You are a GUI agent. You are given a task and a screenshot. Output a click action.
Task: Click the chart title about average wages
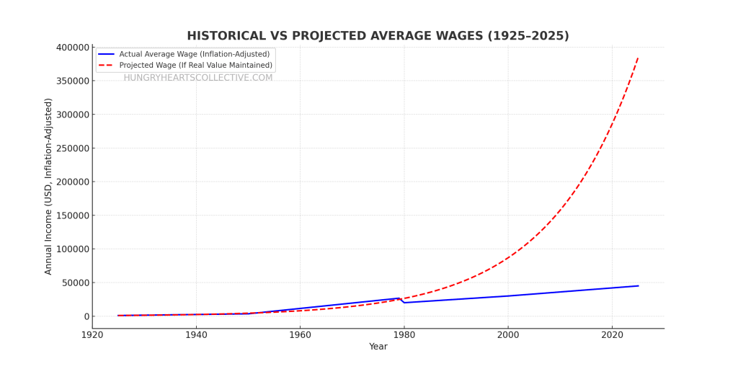pyautogui.click(x=378, y=36)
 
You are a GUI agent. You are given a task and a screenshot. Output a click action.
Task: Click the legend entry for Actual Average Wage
pyautogui.click(x=194, y=54)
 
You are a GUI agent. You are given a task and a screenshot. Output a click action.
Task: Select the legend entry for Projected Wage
pyautogui.click(x=195, y=65)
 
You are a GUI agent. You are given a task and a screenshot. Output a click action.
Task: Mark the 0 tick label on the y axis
pyautogui.click(x=86, y=316)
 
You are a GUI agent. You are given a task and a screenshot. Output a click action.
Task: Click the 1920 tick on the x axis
pyautogui.click(x=92, y=335)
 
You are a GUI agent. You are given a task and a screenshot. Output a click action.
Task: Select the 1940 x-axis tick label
pyautogui.click(x=196, y=335)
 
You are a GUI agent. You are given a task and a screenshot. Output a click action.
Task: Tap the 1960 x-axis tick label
pyautogui.click(x=300, y=335)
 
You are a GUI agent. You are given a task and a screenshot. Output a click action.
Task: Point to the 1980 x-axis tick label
pyautogui.click(x=404, y=335)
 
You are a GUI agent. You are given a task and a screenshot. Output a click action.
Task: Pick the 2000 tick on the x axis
pyautogui.click(x=508, y=335)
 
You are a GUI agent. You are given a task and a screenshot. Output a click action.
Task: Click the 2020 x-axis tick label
pyautogui.click(x=612, y=335)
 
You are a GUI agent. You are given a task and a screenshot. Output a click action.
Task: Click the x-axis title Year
pyautogui.click(x=378, y=347)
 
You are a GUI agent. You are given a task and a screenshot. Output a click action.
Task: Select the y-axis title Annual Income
pyautogui.click(x=48, y=186)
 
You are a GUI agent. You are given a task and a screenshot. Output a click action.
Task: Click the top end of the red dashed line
pyautogui.click(x=638, y=58)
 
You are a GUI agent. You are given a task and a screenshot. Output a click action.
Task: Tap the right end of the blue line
pyautogui.click(x=638, y=285)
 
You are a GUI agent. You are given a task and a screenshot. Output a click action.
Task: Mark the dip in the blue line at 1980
pyautogui.click(x=404, y=302)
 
